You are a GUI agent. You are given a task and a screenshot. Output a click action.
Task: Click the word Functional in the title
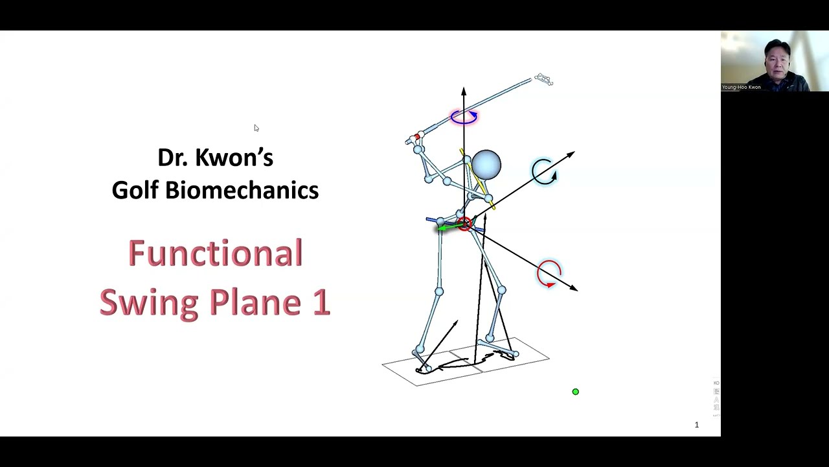215,253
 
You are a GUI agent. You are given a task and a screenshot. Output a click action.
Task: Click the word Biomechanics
242,190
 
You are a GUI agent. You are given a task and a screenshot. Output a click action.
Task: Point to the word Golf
135,190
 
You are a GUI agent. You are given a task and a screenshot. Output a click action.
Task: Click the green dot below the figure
575,392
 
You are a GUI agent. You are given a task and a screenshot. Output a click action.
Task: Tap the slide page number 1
697,425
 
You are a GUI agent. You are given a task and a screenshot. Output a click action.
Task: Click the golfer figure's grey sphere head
486,164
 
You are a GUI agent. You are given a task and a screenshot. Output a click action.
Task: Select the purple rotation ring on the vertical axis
464,117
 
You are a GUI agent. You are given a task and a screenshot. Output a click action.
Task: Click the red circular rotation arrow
549,273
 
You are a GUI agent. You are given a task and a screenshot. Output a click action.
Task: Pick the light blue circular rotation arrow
544,172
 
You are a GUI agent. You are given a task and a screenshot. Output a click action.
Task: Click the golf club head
543,80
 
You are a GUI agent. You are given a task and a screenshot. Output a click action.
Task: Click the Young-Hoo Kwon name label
742,87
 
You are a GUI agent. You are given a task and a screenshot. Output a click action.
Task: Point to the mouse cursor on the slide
256,128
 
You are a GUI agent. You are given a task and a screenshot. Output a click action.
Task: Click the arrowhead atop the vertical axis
464,90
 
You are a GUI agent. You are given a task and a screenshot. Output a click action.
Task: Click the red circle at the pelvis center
465,224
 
